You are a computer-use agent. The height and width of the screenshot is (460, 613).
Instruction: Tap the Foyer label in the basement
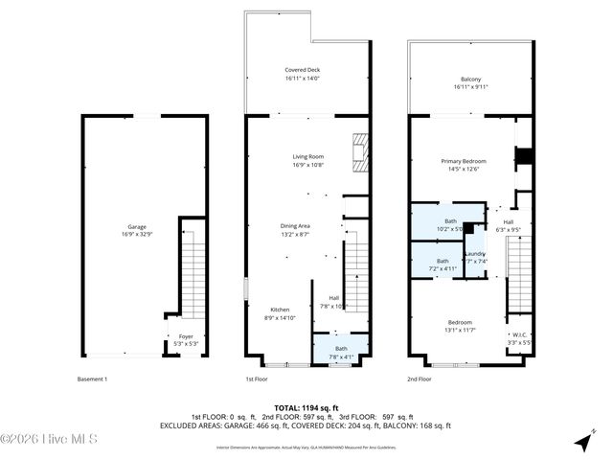point(186,339)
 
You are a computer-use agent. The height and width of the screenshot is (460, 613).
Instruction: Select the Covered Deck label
point(307,75)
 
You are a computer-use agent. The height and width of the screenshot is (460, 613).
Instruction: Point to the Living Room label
point(307,160)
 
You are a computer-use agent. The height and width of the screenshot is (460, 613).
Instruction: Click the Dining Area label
point(294,229)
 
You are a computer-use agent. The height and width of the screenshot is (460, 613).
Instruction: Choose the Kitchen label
point(279,313)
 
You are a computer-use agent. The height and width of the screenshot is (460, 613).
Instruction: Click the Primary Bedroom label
point(464,165)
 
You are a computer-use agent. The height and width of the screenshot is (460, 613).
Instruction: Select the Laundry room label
point(476,257)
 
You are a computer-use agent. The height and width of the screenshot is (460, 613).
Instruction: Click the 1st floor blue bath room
point(341,352)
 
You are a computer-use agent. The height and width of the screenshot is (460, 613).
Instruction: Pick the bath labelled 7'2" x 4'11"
point(442,264)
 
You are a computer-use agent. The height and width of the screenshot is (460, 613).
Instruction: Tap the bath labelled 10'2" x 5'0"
point(450,224)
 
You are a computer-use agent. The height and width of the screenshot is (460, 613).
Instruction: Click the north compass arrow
point(584,442)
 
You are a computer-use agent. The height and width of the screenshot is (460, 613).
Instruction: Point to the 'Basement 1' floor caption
point(92,379)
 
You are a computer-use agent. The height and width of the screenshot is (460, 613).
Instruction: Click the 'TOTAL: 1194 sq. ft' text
point(306,407)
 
